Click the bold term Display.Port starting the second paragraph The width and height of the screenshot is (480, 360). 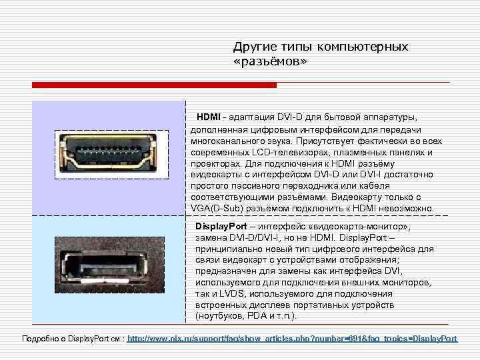pos(221,226)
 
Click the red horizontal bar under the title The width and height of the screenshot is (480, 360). pos(153,85)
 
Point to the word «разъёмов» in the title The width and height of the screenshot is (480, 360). pos(271,61)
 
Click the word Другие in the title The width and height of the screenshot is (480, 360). pos(253,47)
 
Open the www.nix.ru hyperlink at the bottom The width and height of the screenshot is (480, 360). pos(292,339)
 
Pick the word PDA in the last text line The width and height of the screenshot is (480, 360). pos(257,315)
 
